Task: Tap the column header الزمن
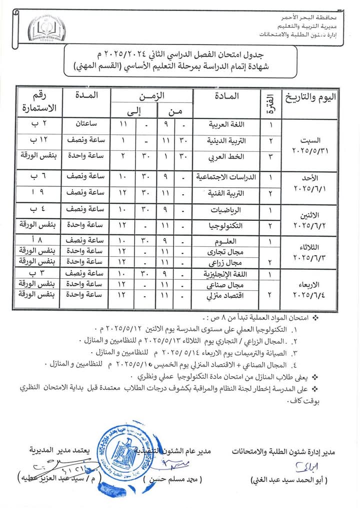151,95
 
